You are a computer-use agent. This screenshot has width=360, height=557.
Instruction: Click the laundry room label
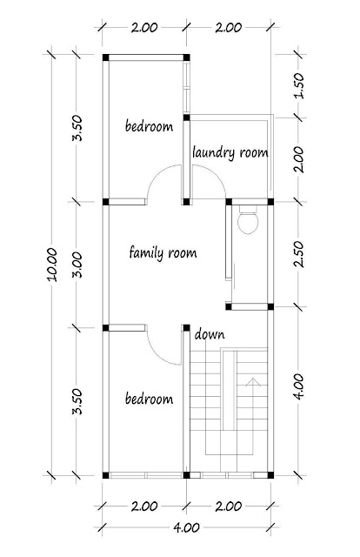[x=230, y=153]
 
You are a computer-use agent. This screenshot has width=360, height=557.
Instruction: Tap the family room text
[x=163, y=253]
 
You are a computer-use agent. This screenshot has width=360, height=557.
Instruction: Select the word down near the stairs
[x=210, y=334]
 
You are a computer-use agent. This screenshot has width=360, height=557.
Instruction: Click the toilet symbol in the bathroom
[x=248, y=220]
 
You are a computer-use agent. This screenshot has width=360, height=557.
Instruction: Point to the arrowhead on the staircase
[x=253, y=382]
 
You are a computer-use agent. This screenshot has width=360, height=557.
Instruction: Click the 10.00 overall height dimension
[x=52, y=265]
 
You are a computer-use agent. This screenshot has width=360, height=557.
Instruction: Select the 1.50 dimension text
[x=299, y=85]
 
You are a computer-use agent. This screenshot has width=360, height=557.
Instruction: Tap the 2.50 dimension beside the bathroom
[x=299, y=254]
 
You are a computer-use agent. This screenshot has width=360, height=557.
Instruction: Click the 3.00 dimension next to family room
[x=77, y=265]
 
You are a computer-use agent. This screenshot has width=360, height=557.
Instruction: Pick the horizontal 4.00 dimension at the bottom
[x=186, y=528]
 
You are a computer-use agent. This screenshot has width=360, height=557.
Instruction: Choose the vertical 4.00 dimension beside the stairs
[x=299, y=386]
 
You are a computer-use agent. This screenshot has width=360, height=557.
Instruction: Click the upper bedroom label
[x=149, y=126]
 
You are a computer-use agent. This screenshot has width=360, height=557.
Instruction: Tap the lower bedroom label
[x=149, y=399]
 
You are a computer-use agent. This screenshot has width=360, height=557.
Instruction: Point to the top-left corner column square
[x=105, y=57]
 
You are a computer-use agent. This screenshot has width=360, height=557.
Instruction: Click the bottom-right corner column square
[x=270, y=475]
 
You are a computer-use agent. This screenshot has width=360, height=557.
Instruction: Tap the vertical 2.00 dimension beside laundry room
[x=299, y=159]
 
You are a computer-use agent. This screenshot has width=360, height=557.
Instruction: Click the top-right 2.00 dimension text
[x=229, y=28]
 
